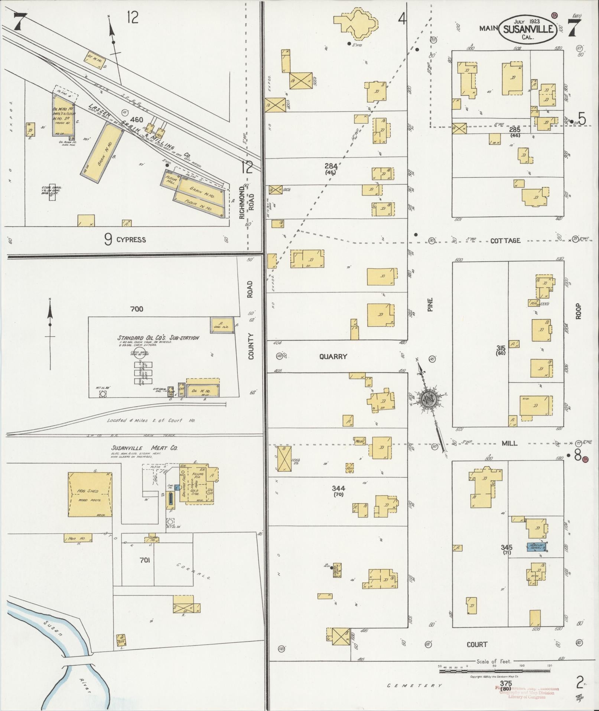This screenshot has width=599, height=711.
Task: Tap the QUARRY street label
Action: [333, 356]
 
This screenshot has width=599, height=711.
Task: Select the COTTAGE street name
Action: [505, 240]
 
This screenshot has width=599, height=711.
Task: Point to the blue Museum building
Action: [538, 547]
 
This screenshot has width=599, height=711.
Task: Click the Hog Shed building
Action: [89, 494]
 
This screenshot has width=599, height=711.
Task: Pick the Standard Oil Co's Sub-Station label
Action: [158, 338]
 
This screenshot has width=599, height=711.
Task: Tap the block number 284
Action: [331, 166]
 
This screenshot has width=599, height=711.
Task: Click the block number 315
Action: [501, 348]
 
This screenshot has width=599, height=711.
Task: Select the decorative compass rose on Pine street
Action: [428, 399]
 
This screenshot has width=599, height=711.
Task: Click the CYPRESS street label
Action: [131, 240]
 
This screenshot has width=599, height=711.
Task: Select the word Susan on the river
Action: [52, 628]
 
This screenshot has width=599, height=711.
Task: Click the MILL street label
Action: [509, 443]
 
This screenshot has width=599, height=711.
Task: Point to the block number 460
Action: [136, 120]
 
